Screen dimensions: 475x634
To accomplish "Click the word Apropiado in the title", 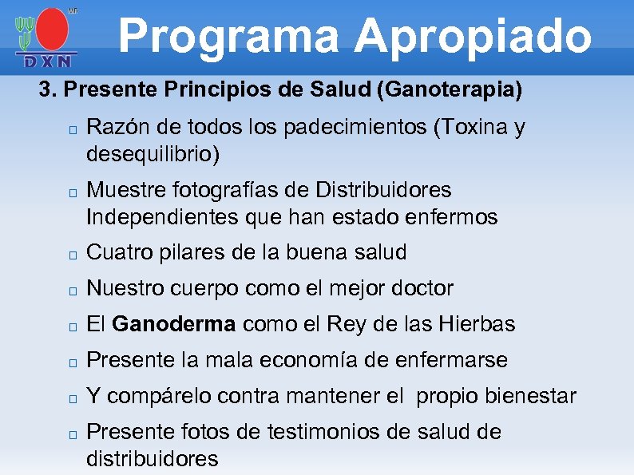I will [473, 36].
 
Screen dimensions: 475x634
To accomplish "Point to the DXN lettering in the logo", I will [46, 61].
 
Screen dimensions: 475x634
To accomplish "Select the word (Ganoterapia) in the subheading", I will [448, 90].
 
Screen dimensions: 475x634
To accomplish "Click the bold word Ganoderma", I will [174, 324].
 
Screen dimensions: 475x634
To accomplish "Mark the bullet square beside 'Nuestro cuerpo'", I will [71, 291].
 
